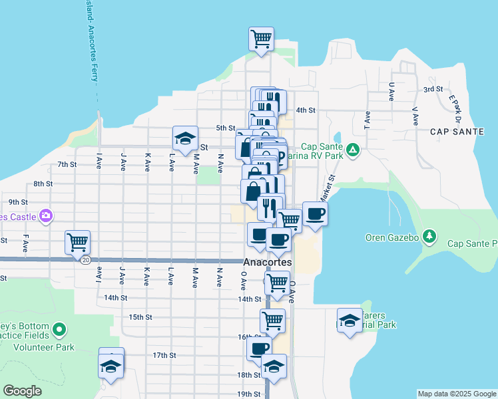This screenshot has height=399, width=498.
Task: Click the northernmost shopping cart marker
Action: [x=261, y=38]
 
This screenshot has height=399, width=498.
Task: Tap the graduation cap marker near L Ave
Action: [x=185, y=138]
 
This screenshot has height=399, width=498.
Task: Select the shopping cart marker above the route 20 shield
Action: [x=77, y=241]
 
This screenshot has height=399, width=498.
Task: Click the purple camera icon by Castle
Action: [x=45, y=215]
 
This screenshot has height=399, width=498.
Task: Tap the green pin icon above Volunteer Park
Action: [x=59, y=329]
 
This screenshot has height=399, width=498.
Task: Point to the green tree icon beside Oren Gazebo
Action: [x=430, y=236]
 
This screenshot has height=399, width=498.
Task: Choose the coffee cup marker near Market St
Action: [x=315, y=213]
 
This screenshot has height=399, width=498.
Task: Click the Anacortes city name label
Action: [x=267, y=263]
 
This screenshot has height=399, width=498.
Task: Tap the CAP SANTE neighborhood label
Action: [x=456, y=131]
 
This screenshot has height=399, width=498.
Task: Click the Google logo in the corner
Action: [x=23, y=391]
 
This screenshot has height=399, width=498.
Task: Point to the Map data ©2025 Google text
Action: [x=456, y=394]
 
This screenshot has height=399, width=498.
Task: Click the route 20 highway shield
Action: [x=85, y=260]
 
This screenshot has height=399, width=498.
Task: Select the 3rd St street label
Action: [x=433, y=89]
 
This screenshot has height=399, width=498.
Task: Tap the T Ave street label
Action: [x=366, y=119]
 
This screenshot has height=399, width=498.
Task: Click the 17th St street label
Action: [x=164, y=355]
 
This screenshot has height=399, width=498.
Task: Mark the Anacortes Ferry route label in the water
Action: [x=87, y=40]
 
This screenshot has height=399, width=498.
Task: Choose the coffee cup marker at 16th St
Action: [x=259, y=348]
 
